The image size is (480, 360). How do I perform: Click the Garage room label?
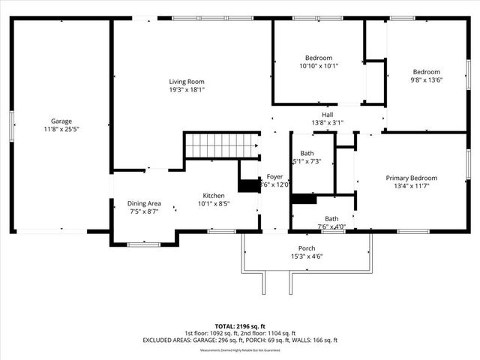[61, 121]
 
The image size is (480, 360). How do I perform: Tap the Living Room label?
[186, 82]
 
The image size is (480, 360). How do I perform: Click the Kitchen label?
[214, 194]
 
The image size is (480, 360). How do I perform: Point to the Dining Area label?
[144, 203]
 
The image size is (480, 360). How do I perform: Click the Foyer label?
[274, 176]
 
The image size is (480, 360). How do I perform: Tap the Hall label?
[327, 114]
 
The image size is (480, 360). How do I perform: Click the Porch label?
[306, 248]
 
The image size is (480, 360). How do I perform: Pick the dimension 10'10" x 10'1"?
[318, 66]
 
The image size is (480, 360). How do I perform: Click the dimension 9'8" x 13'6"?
[426, 79]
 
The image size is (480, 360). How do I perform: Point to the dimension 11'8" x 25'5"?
[61, 128]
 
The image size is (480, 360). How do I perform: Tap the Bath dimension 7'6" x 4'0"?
[331, 226]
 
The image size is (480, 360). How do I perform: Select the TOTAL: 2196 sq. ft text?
[240, 326]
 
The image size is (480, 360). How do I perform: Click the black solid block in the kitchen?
[248, 186]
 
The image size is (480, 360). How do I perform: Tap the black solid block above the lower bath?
[304, 199]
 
